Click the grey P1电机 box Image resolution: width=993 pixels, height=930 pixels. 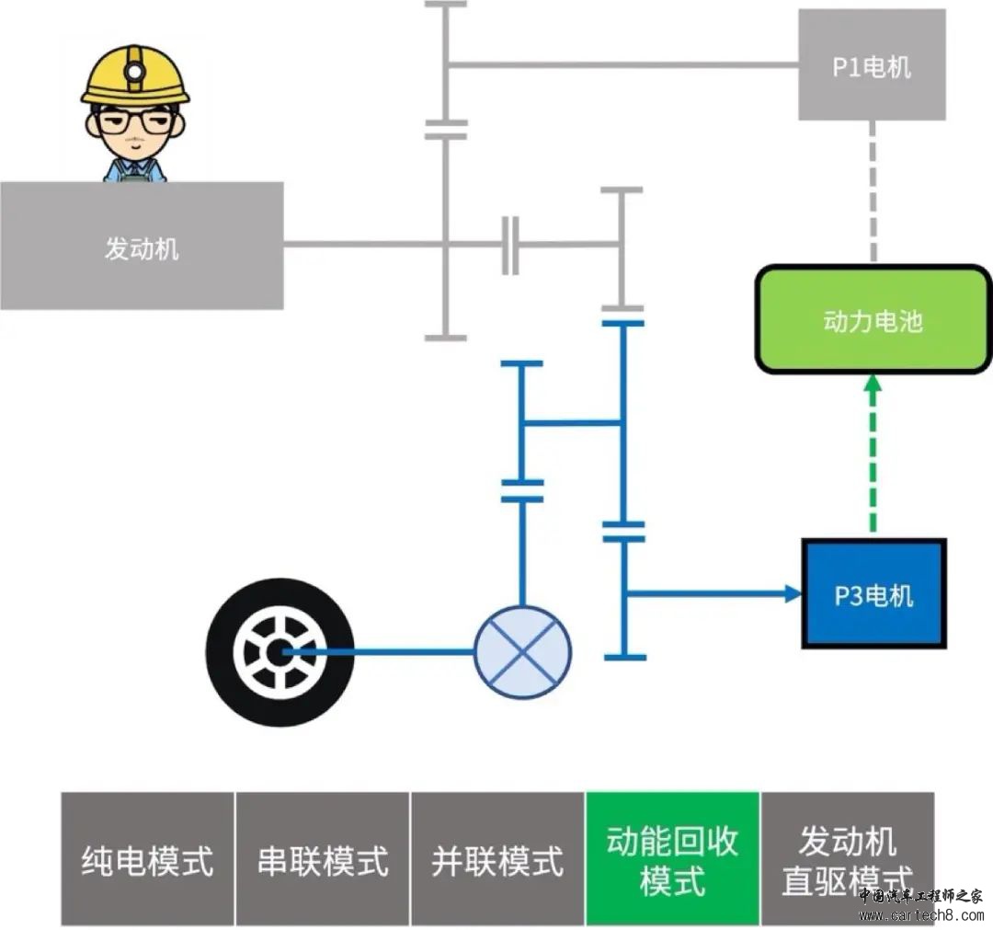pos(872,65)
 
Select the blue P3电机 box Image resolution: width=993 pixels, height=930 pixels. pos(873,594)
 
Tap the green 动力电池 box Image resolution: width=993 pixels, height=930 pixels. pos(873,320)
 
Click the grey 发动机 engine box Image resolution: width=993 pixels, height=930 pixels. pos(141,246)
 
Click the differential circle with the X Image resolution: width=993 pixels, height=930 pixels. pos(522,651)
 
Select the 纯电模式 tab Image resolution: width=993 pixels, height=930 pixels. pos(148,859)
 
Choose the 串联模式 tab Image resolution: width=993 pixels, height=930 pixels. pos(323,859)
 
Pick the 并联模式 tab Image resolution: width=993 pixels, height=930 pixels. pos(497,859)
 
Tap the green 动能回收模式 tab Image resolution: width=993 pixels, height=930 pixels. pos(672,859)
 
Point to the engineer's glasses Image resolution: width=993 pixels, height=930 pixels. pos(134,121)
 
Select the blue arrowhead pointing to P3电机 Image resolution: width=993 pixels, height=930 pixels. pos(793,594)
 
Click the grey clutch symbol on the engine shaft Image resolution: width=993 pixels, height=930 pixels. pos(510,246)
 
